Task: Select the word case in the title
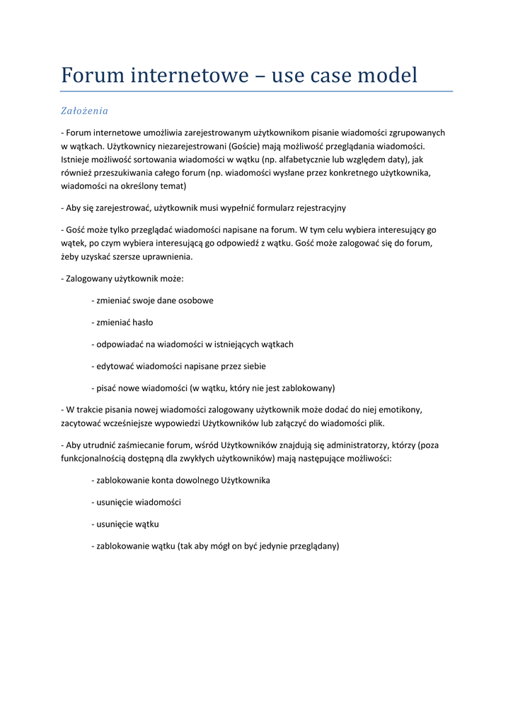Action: [x=313, y=75]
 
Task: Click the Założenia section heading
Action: [x=84, y=111]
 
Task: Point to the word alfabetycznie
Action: [x=311, y=159]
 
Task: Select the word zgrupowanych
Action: [x=417, y=132]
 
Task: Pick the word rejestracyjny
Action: [x=314, y=208]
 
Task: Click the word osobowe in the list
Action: [x=195, y=300]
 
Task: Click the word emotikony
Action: [x=400, y=410]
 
